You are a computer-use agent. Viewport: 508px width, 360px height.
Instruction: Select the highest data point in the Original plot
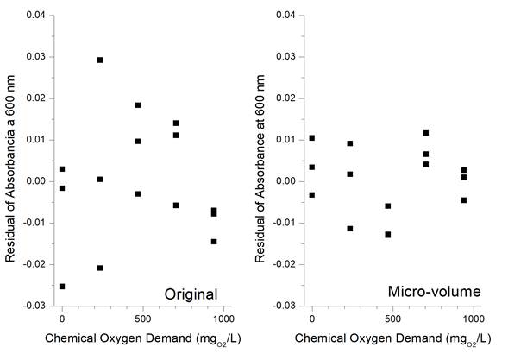pos(100,60)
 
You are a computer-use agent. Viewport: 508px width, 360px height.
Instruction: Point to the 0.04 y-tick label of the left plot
pos(36,16)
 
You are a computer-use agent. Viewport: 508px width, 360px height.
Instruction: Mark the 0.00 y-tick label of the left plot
pos(36,181)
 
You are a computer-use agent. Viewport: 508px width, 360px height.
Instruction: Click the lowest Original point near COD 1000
pos(214,241)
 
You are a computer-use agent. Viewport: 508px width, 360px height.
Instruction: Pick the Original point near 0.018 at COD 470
pos(138,105)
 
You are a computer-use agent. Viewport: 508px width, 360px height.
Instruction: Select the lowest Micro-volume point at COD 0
pos(312,194)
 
